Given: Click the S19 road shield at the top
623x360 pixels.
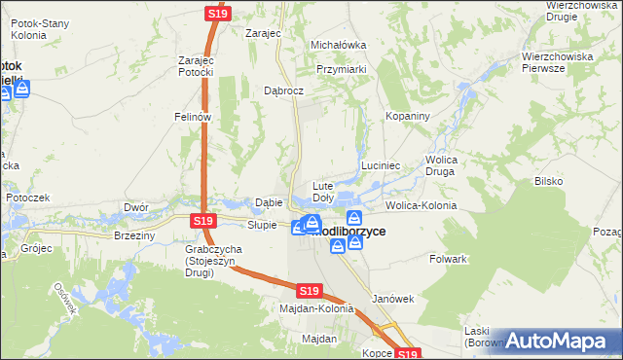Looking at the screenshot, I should [x=217, y=14].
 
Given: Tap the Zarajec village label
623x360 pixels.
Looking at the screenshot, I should [x=263, y=32].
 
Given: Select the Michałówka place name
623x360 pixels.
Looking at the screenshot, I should [x=337, y=45].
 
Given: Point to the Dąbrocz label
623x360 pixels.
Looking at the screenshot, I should [x=284, y=90].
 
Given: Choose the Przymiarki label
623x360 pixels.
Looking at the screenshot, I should [x=342, y=69].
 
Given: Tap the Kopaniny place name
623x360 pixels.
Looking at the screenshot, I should [x=407, y=116].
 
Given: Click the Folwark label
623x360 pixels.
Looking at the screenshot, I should [x=449, y=260].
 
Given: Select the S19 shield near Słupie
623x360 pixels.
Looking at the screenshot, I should [x=202, y=221].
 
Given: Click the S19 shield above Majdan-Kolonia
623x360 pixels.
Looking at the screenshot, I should [x=310, y=290].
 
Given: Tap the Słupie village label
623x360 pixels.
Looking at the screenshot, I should [x=263, y=225].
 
